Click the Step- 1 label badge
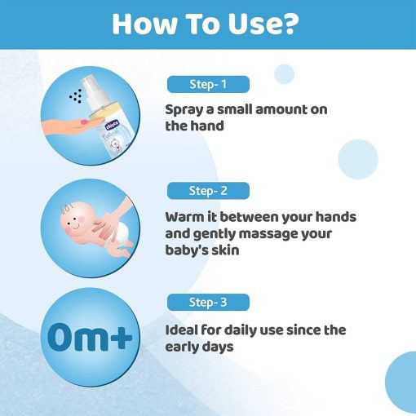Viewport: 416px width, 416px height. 208,84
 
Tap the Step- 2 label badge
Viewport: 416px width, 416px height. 208,191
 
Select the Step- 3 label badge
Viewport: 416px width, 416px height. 208,302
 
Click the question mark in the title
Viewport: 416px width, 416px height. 289,24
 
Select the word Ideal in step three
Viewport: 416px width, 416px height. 181,330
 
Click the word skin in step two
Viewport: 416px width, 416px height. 225,250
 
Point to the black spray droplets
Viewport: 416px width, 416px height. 76,96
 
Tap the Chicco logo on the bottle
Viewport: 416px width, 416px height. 113,125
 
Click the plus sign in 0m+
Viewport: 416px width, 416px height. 119,338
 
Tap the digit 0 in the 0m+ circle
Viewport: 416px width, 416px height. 60,338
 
